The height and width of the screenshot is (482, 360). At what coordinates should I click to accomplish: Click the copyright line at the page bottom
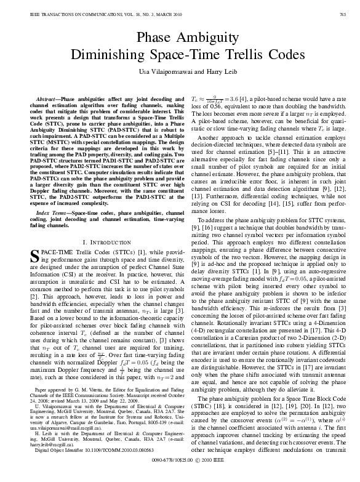[x=180, y=476]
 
